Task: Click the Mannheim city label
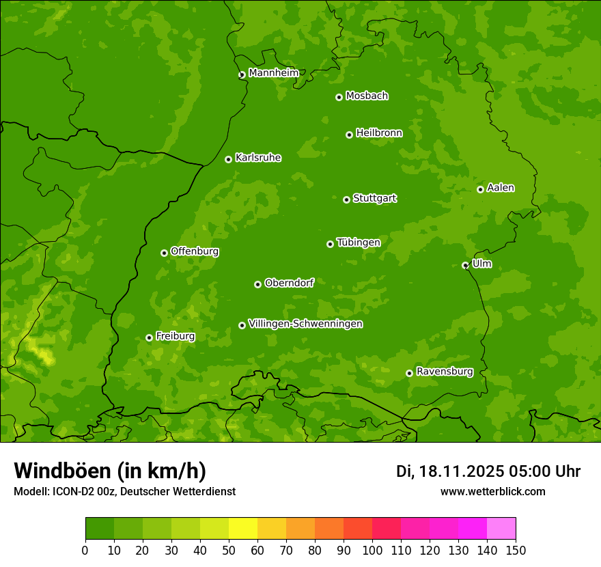(x=273, y=73)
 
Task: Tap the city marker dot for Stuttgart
(x=346, y=199)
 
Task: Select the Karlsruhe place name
(x=257, y=158)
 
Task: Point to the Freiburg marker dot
(x=149, y=337)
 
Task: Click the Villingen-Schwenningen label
(x=305, y=324)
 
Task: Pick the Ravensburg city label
(x=444, y=372)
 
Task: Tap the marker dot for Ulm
(x=465, y=265)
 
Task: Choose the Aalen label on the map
(x=500, y=188)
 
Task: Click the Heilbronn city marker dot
(x=349, y=135)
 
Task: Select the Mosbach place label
(x=367, y=96)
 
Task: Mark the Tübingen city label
(x=358, y=243)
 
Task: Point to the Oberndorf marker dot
(x=257, y=284)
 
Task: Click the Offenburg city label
(x=195, y=251)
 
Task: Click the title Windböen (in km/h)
(x=110, y=471)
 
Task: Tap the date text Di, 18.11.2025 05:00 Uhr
(x=488, y=471)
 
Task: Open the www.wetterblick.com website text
(x=492, y=491)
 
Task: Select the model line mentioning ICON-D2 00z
(x=124, y=491)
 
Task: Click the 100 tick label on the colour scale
(x=372, y=550)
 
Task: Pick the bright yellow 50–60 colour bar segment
(x=242, y=529)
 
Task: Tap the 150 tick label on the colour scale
(x=515, y=550)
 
